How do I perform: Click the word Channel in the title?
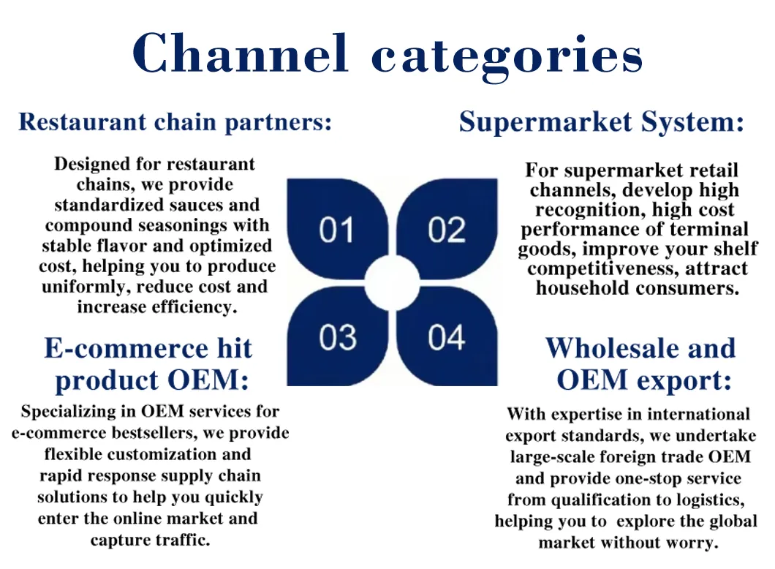(241, 53)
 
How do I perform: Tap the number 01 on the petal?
(336, 230)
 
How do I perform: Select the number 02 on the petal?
(447, 230)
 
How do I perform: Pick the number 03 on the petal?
(338, 338)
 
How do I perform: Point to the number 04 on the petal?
(447, 338)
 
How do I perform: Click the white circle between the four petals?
(392, 283)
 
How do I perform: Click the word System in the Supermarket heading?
(692, 122)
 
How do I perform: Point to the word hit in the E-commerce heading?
(235, 348)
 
